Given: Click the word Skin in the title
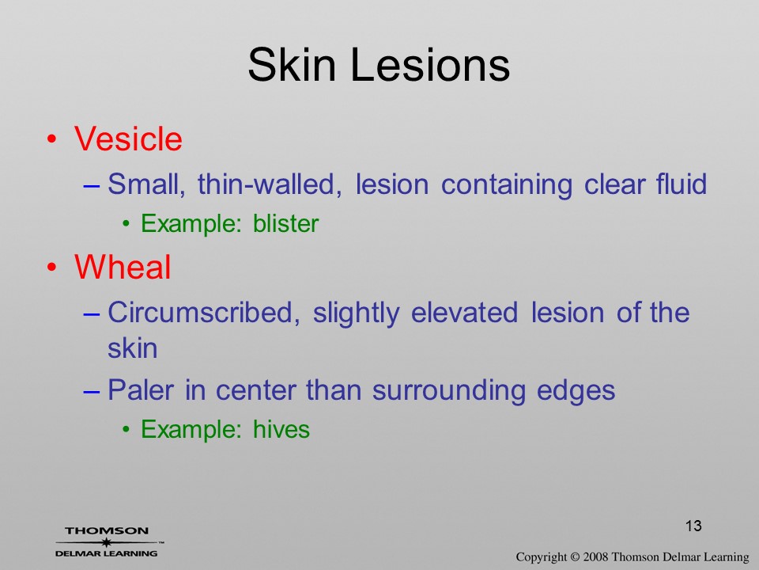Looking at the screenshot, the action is pyautogui.click(x=292, y=65).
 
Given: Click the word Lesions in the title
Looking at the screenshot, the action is pyautogui.click(x=429, y=65).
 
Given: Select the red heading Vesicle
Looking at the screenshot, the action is pyautogui.click(x=128, y=139).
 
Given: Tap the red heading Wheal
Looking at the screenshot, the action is pyautogui.click(x=123, y=267).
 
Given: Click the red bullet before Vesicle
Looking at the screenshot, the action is pyautogui.click(x=52, y=139).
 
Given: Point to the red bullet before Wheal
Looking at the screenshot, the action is pyautogui.click(x=52, y=268).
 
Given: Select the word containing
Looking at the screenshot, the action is pyautogui.click(x=506, y=185).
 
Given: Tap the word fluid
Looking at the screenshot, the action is pyautogui.click(x=682, y=184).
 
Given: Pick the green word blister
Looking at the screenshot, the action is pyautogui.click(x=285, y=223).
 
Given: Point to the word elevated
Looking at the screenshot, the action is pyautogui.click(x=464, y=312).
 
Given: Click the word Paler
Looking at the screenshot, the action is pyautogui.click(x=141, y=389).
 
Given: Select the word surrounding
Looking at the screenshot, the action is pyautogui.click(x=449, y=391).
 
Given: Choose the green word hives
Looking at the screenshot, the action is pyautogui.click(x=281, y=429).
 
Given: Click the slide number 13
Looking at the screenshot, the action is pyautogui.click(x=693, y=526).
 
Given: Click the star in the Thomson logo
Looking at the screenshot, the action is pyautogui.click(x=106, y=542).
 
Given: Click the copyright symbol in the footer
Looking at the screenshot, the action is pyautogui.click(x=575, y=557).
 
